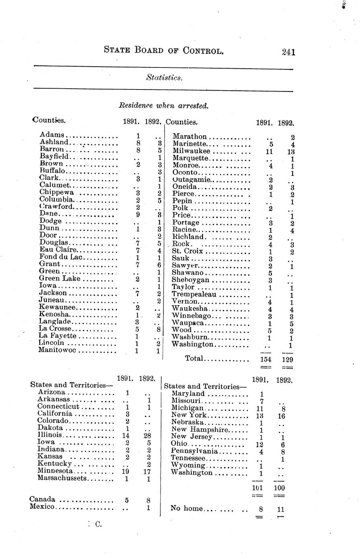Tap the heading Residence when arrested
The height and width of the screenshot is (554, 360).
tap(164, 106)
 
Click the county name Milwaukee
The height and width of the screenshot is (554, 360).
tap(191, 151)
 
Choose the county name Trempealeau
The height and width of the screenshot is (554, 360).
tap(194, 294)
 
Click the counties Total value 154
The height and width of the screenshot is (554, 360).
tap(264, 359)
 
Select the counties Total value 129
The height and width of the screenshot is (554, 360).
tap(287, 359)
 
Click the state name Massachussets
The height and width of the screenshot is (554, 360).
tap(62, 478)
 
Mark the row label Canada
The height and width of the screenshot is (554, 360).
tap(42, 500)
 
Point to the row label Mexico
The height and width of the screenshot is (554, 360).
tap(42, 507)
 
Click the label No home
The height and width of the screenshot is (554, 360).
tap(186, 509)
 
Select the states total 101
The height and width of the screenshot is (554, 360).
tap(257, 488)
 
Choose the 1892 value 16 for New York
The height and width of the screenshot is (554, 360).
tap(281, 416)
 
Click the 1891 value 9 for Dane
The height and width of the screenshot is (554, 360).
tap(138, 214)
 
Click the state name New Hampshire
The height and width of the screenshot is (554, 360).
tap(196, 430)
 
